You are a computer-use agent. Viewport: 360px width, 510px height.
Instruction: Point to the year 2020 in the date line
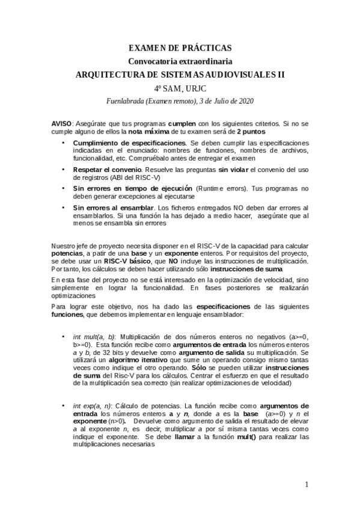tap(244, 101)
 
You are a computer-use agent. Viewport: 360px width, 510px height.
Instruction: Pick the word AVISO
tap(61, 123)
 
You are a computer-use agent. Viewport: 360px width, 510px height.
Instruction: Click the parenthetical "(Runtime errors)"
tap(226, 188)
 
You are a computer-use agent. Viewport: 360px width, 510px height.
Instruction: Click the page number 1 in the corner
tap(307, 484)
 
